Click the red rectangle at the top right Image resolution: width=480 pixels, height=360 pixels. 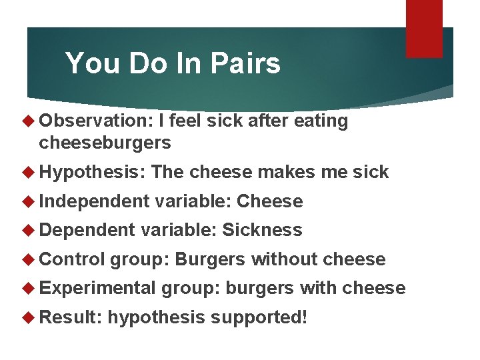coord(424,28)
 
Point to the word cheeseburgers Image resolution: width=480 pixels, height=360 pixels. coord(105,142)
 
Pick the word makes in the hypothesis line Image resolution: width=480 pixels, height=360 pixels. coord(284,172)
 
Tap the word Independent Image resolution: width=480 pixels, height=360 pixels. coord(94,201)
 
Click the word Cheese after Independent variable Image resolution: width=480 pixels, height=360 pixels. coord(270,201)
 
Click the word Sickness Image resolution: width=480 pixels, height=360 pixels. coord(262,230)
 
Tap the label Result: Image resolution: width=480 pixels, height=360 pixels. coord(69,317)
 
